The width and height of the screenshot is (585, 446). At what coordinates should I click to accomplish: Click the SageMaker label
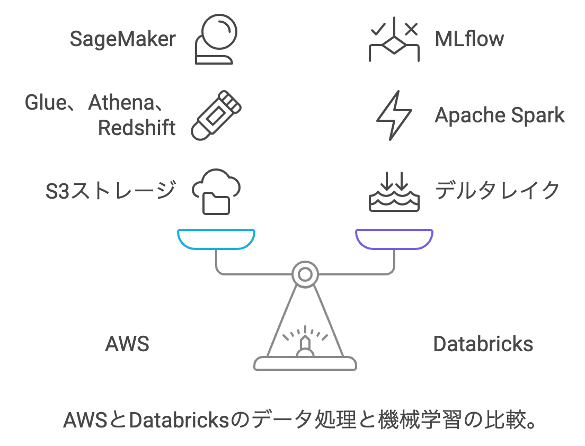tap(123, 39)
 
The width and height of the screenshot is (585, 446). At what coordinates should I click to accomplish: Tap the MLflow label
tap(469, 39)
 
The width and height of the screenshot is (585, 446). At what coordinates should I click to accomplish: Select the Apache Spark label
tap(500, 115)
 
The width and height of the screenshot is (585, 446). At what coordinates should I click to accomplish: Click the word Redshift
tap(137, 128)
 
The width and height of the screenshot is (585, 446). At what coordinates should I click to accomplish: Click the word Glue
tap(45, 103)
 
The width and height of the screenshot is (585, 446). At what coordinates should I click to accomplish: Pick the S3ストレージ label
tap(110, 191)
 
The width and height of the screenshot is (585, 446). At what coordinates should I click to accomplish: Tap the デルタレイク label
tap(497, 191)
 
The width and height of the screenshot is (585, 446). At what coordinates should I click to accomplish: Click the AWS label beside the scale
tap(127, 344)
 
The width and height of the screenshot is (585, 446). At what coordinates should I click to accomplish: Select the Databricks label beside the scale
tap(483, 344)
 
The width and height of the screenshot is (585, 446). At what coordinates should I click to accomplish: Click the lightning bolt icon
tap(394, 115)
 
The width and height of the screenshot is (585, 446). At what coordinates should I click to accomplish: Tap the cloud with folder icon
tap(216, 191)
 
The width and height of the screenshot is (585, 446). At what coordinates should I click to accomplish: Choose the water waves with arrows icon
tap(394, 191)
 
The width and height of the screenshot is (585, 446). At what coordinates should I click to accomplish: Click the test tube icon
tap(216, 115)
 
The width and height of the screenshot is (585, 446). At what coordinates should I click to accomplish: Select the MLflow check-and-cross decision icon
tap(394, 39)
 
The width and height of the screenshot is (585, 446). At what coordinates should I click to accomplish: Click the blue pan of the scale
tap(216, 239)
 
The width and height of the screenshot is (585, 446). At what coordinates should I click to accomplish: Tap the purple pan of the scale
tap(394, 239)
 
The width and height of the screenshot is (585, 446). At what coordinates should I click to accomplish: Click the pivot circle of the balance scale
tap(305, 274)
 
